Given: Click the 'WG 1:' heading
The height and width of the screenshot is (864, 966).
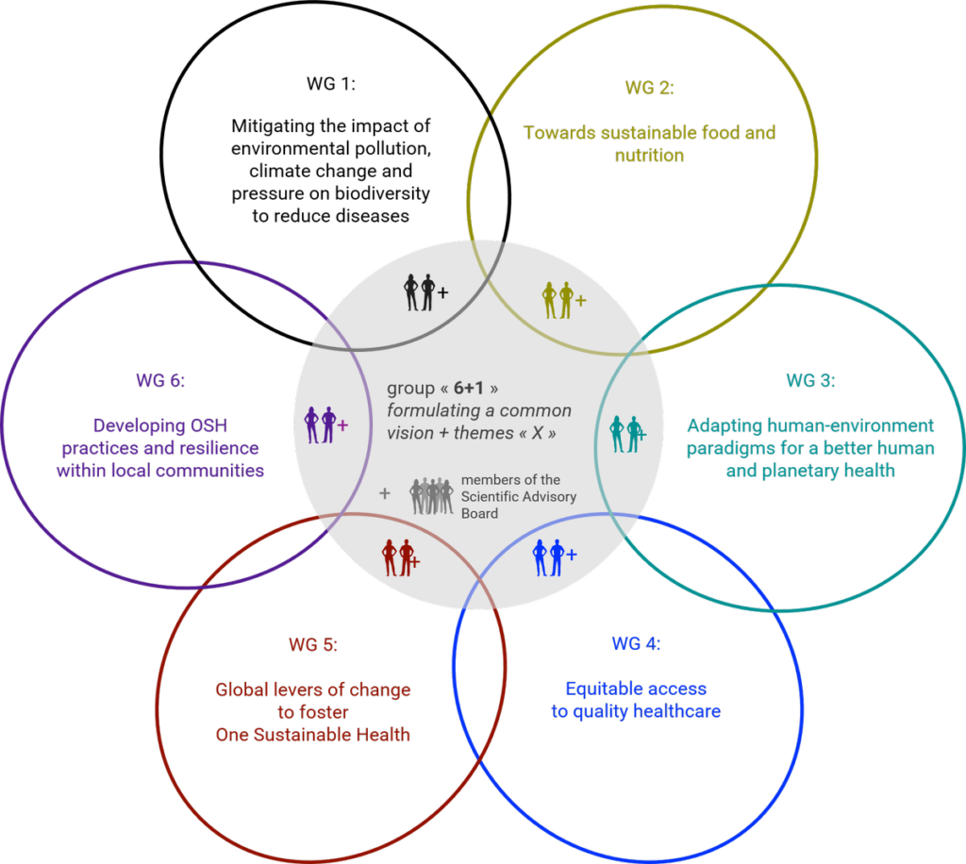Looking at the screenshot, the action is click(331, 84).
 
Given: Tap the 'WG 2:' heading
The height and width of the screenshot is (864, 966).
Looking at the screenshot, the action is click(649, 88).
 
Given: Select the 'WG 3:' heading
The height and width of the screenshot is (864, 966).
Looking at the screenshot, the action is click(810, 380).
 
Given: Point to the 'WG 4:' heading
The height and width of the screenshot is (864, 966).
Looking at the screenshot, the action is click(636, 643).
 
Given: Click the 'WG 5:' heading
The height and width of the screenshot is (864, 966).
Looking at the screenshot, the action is click(313, 645).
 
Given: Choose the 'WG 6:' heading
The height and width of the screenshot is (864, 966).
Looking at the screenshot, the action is click(160, 380).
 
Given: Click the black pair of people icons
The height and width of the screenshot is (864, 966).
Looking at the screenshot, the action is click(420, 291).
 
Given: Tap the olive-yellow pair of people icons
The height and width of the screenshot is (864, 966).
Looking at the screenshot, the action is click(558, 300).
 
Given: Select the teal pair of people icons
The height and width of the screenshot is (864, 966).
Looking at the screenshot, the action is click(625, 434).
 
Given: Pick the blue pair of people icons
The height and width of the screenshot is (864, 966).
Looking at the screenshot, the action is click(548, 558).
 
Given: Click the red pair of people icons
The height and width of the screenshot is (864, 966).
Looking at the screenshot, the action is click(397, 558).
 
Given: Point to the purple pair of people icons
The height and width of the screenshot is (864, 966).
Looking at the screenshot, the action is click(321, 424).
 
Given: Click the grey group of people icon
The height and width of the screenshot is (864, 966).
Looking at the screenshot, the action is click(432, 495).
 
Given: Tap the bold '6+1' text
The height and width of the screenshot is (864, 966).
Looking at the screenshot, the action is click(469, 388).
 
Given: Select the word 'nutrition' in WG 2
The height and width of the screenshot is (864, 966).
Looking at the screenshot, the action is click(649, 156).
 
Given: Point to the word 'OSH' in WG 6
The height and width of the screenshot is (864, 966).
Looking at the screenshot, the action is click(208, 425).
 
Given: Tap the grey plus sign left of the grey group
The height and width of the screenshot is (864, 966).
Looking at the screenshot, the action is click(385, 493).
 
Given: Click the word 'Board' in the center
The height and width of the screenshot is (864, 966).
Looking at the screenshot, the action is click(479, 514).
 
